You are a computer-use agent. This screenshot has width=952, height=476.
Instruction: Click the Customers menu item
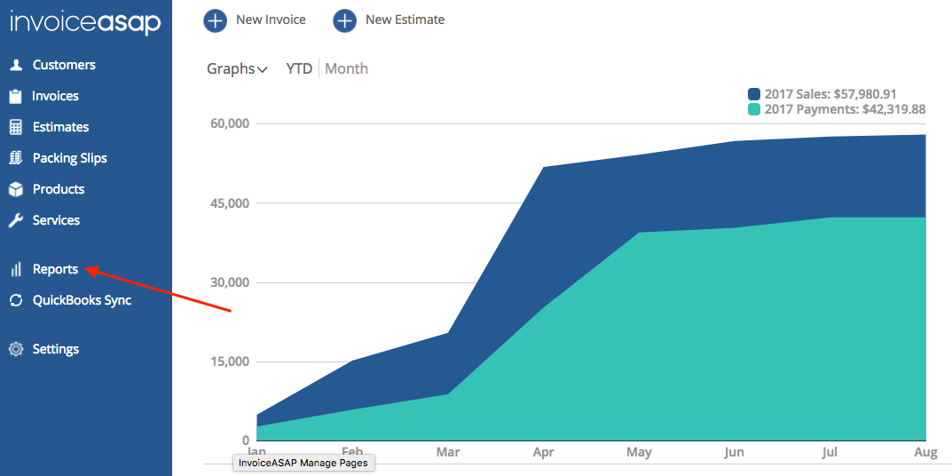52,65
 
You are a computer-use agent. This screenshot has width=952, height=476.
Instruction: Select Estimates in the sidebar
49,127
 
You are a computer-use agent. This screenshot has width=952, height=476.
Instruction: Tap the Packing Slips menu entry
58,158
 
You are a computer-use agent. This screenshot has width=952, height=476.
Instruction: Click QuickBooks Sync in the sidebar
70,300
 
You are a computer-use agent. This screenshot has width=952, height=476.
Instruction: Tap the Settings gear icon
16,350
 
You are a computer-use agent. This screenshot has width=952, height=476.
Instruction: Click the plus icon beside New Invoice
215,20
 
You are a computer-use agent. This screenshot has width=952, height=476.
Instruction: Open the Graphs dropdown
238,68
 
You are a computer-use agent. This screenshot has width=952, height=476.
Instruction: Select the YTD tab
299,68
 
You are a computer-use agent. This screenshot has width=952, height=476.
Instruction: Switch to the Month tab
347,68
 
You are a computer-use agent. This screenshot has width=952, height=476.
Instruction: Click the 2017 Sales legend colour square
754,94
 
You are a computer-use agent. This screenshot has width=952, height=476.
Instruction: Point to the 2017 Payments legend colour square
754,109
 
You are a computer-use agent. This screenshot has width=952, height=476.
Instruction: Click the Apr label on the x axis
543,452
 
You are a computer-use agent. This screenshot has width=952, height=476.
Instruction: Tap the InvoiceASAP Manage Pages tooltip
304,463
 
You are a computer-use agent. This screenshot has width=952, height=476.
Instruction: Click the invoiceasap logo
85,24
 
